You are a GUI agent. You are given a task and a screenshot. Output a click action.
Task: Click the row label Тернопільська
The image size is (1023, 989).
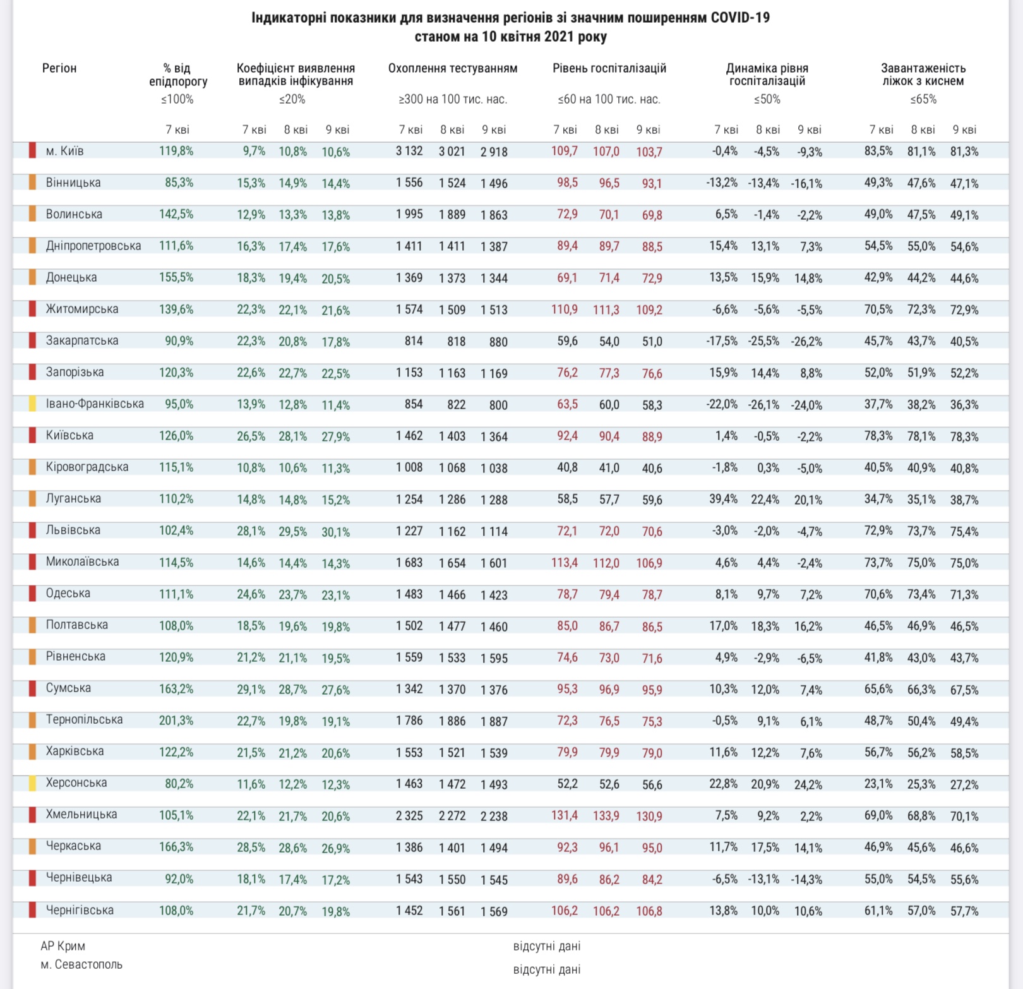(x=84, y=719)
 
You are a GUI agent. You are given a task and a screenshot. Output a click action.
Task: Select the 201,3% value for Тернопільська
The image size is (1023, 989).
(x=176, y=720)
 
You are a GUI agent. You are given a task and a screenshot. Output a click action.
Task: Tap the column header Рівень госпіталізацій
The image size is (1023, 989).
(x=609, y=68)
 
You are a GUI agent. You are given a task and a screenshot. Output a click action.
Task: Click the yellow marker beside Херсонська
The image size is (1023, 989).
(x=32, y=783)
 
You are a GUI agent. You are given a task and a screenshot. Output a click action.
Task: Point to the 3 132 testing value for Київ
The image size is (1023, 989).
(x=409, y=152)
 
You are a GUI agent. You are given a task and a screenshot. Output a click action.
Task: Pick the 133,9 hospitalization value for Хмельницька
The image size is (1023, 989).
(x=606, y=815)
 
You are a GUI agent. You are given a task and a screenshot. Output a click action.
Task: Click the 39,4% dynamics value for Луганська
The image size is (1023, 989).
(x=723, y=499)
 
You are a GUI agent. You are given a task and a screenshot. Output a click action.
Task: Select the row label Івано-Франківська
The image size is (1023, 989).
(x=95, y=404)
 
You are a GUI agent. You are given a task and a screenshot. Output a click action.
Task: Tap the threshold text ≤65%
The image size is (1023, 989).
(x=923, y=99)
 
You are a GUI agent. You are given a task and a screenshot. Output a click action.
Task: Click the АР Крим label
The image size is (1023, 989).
(x=63, y=945)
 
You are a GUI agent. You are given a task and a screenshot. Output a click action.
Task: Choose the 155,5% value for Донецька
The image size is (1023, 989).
(x=176, y=277)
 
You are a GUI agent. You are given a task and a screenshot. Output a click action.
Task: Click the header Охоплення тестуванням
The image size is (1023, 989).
(x=453, y=68)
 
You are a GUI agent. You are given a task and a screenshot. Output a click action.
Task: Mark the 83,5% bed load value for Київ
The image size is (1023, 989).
(x=878, y=152)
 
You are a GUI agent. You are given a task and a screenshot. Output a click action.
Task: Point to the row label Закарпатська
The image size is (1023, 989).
(x=82, y=340)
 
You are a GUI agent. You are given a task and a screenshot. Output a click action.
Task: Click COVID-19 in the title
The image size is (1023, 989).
(x=740, y=18)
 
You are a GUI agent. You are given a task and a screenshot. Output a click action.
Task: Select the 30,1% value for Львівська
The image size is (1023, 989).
(x=336, y=532)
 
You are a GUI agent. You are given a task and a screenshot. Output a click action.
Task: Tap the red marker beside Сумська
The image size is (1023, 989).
(x=32, y=688)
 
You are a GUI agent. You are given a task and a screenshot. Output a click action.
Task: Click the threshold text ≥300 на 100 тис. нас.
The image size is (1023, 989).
(x=453, y=99)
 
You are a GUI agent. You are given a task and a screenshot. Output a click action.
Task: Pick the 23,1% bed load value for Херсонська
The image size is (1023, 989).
(x=878, y=784)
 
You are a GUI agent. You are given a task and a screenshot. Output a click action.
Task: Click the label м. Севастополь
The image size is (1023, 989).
(x=81, y=964)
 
